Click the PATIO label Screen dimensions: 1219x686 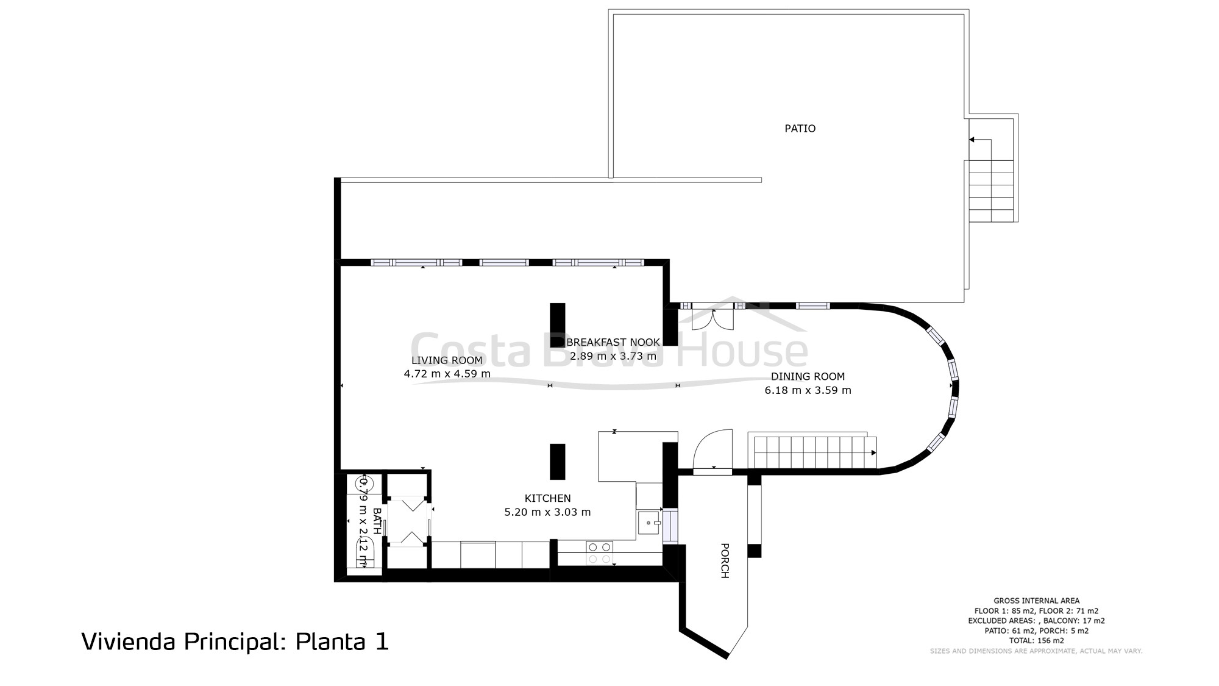800,129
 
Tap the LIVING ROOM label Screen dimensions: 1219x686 447,360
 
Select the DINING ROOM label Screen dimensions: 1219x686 808,377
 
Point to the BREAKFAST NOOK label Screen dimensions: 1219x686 613,343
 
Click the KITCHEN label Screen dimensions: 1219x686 547,499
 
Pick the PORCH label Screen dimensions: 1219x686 725,560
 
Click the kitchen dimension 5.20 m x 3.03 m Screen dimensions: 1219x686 547,512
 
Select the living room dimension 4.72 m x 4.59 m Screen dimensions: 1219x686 447,374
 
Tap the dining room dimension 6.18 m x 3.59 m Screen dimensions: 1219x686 808,390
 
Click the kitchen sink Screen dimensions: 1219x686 649,523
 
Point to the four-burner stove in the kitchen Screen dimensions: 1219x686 599,552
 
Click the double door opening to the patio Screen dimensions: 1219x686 713,318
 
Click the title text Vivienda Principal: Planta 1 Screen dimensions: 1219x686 235,642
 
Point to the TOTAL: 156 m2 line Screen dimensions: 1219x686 1036,641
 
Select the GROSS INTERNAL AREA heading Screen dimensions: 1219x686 1036,601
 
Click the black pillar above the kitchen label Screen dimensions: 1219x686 557,462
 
